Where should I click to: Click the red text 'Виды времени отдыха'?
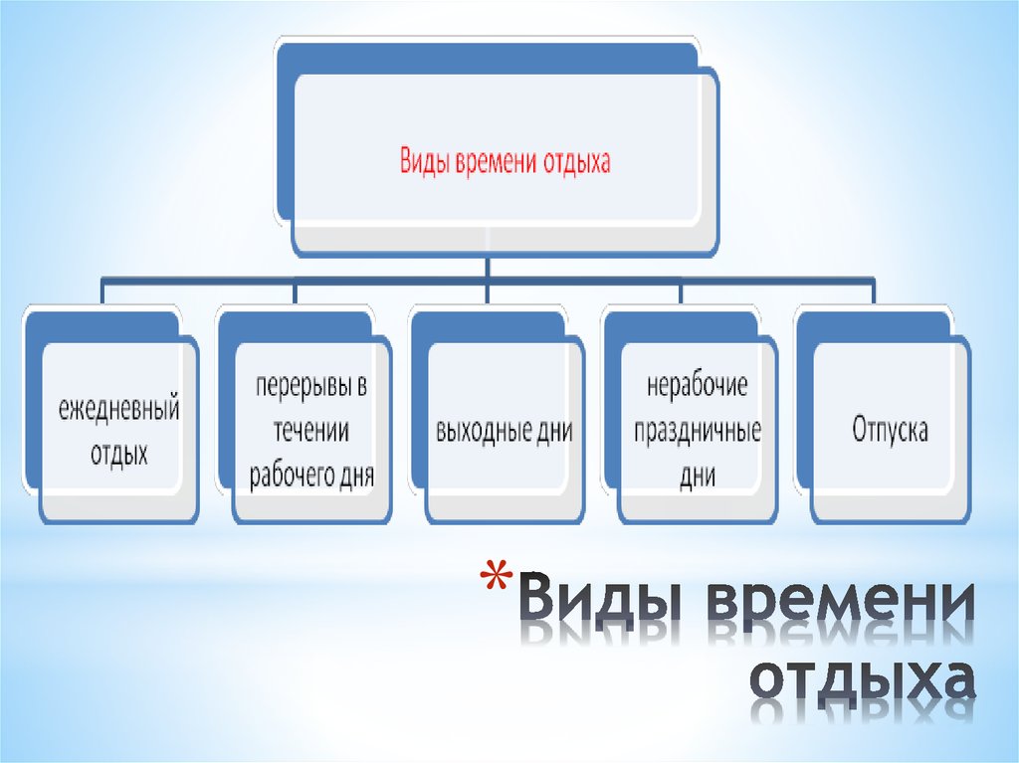[505, 161]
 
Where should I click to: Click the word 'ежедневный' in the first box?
[119, 410]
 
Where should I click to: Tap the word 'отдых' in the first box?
[119, 454]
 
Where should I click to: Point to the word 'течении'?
[311, 431]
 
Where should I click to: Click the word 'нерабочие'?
[698, 386]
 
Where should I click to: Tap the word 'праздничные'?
[698, 432]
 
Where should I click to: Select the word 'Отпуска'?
[890, 430]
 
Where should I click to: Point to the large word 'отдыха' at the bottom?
[863, 679]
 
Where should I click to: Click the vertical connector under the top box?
[488, 268]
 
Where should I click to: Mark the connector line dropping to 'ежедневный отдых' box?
[102, 291]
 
